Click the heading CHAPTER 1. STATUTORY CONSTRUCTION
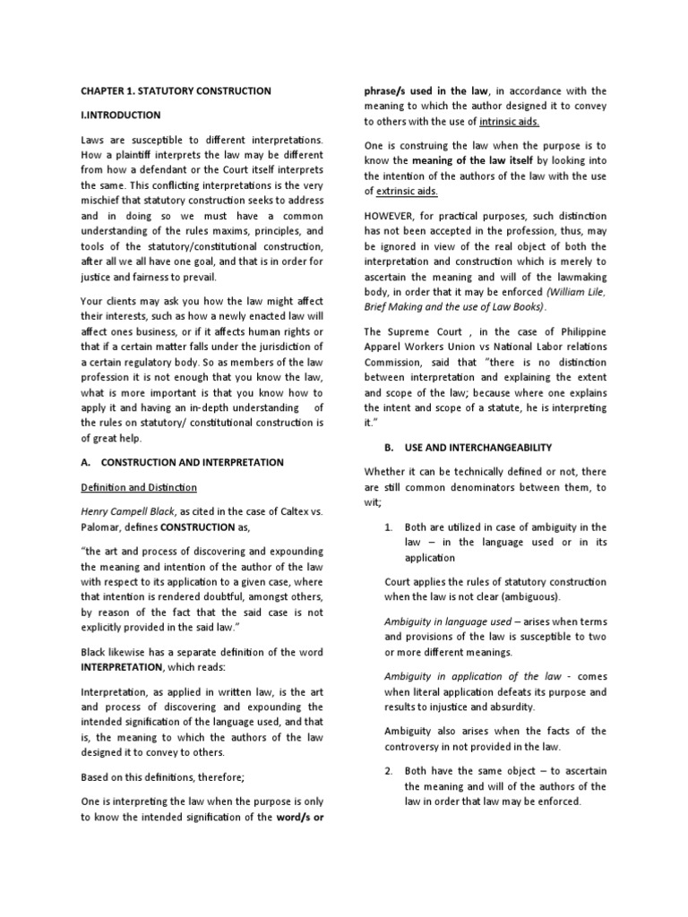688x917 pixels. tap(176, 91)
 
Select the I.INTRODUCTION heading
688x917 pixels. tap(121, 115)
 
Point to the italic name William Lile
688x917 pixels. tap(583, 290)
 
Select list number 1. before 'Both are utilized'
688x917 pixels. tap(385, 527)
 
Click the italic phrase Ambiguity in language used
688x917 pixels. tap(434, 621)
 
